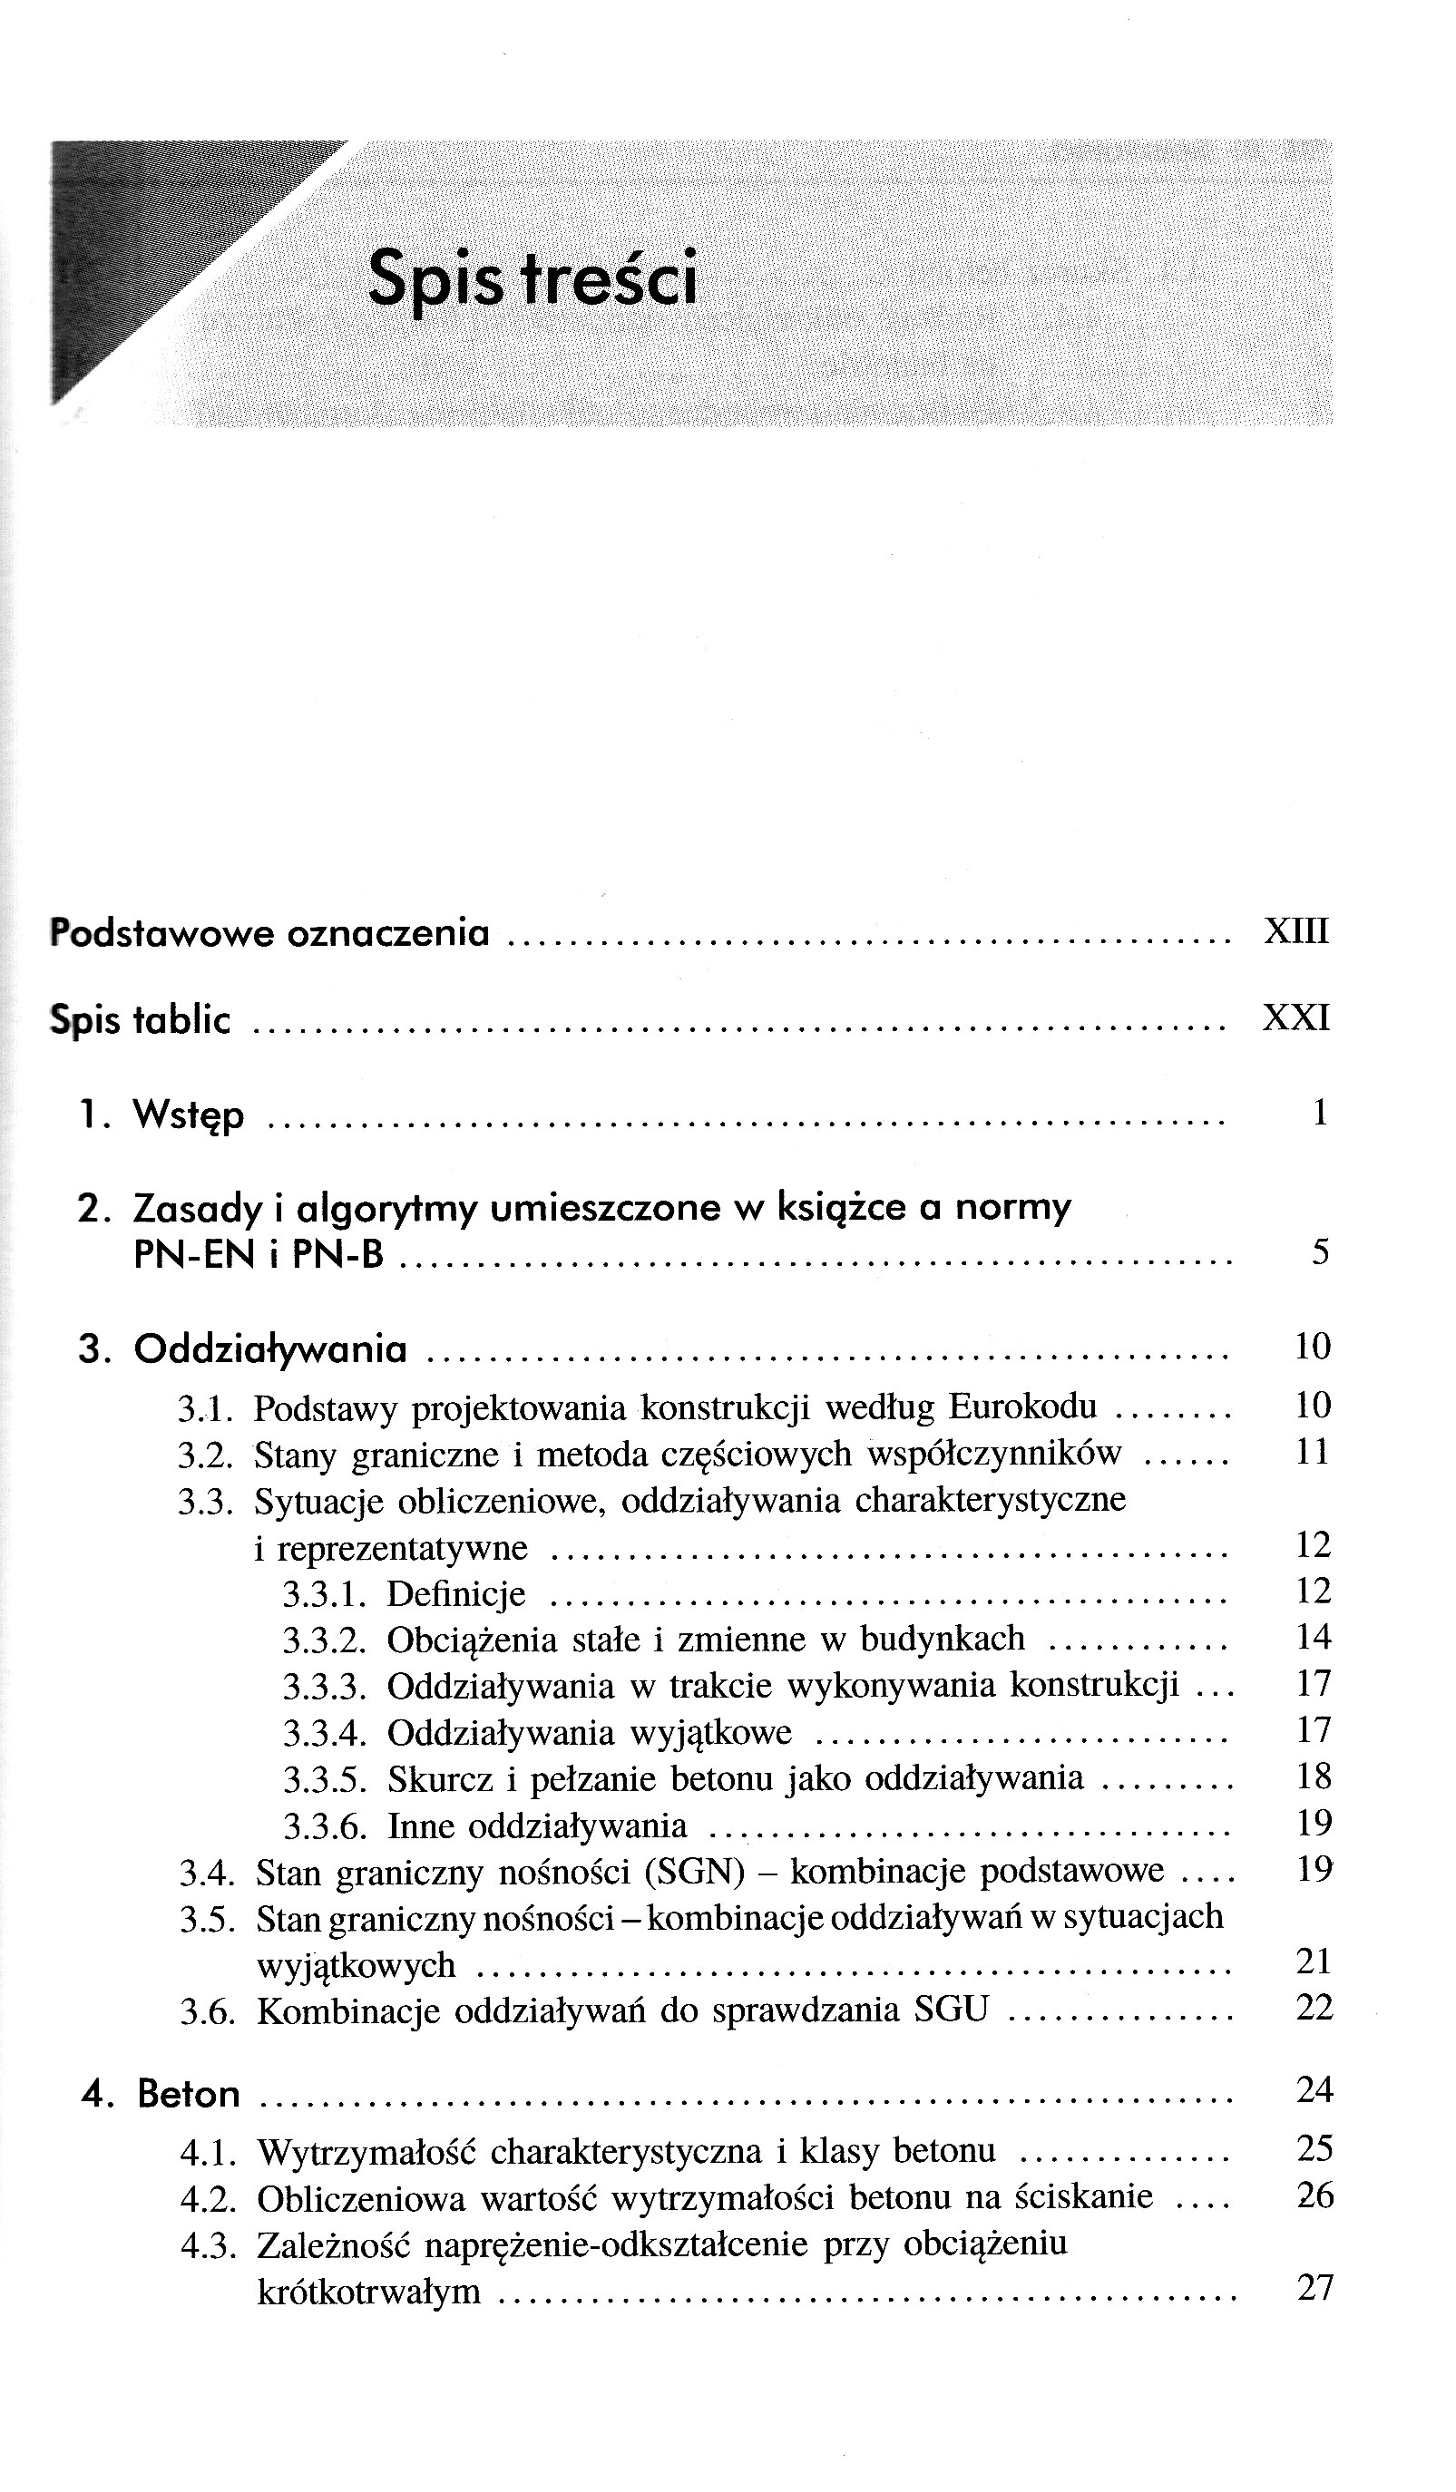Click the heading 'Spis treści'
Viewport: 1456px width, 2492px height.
click(x=533, y=280)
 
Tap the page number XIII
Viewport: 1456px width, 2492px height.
click(x=1295, y=931)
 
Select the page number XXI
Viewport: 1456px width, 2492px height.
click(x=1295, y=1017)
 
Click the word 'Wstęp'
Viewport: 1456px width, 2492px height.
click(x=188, y=1115)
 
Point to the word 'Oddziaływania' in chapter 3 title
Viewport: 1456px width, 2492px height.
click(x=270, y=1348)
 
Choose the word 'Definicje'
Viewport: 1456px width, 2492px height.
click(x=456, y=1594)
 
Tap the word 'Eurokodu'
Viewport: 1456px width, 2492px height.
click(x=1022, y=1407)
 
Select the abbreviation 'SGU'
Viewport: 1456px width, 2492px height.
click(x=952, y=2010)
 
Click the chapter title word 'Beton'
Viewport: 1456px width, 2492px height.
click(x=188, y=2095)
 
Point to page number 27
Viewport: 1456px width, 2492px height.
click(x=1314, y=2287)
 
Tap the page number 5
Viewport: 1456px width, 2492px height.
click(x=1321, y=1253)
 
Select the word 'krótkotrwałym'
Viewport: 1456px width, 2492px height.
click(x=368, y=2292)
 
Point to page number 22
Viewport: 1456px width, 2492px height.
click(x=1314, y=2008)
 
